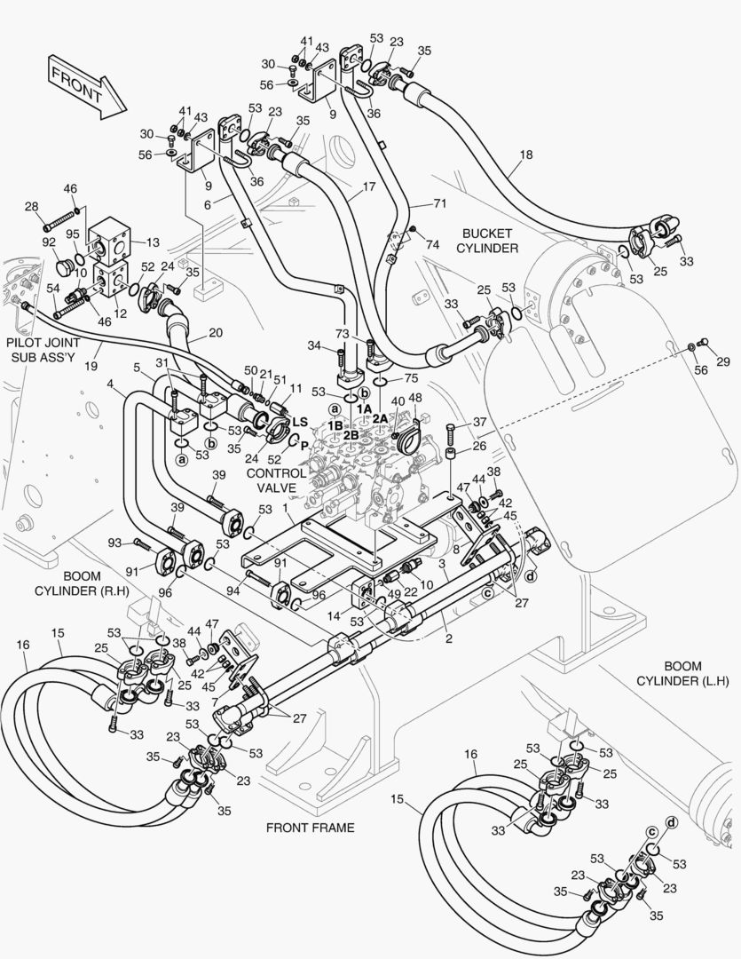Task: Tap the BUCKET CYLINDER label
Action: [489, 241]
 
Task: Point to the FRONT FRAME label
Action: [310, 828]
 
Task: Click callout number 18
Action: [525, 155]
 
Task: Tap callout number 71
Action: [439, 204]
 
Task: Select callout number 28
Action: [32, 206]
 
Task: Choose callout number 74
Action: [432, 244]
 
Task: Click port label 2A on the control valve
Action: [381, 418]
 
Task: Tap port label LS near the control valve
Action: [301, 421]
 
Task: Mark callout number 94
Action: [233, 589]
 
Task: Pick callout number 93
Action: [114, 543]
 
